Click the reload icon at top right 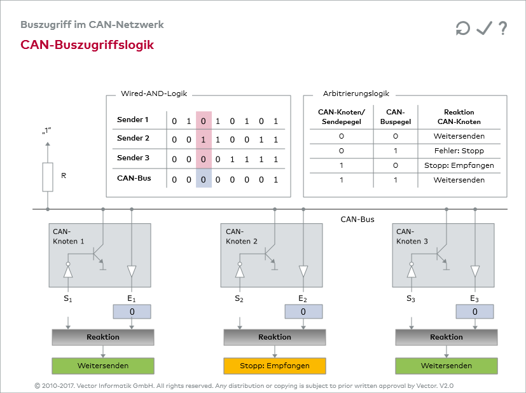click(x=462, y=28)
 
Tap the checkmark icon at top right click(x=484, y=28)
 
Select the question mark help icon click(x=502, y=28)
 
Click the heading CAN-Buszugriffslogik click(x=87, y=45)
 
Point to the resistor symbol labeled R click(x=48, y=176)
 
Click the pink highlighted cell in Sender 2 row click(x=203, y=139)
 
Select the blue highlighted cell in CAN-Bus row click(x=203, y=179)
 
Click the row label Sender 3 click(x=133, y=158)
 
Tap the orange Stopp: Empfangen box click(x=274, y=366)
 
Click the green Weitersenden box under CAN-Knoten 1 click(x=103, y=366)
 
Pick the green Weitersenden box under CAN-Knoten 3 click(x=446, y=366)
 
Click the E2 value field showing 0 click(x=303, y=312)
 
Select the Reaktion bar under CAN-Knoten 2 click(x=274, y=337)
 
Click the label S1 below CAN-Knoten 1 click(x=68, y=298)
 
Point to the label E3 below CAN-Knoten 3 click(x=474, y=298)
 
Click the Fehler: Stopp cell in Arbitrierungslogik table click(x=459, y=151)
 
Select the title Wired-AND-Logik click(x=154, y=93)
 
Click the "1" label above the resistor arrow click(x=46, y=132)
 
